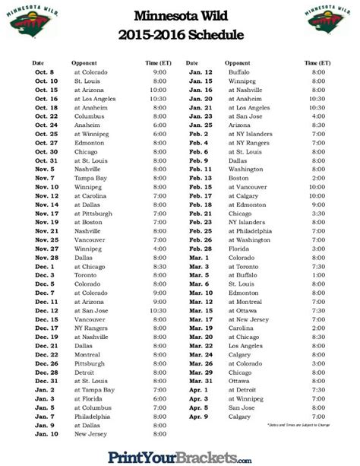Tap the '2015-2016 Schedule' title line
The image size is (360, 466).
[x=179, y=34]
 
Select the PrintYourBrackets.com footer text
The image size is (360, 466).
[x=180, y=456]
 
